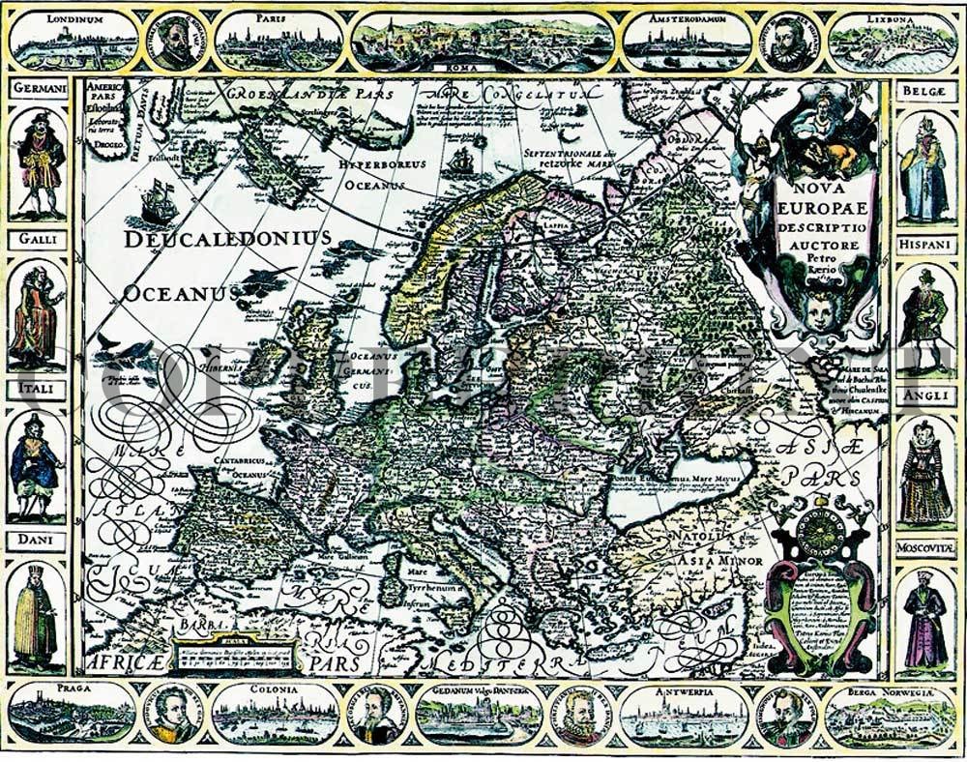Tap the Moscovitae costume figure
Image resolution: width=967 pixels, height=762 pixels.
coord(925,619)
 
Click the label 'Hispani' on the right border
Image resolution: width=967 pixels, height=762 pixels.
coord(926,247)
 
